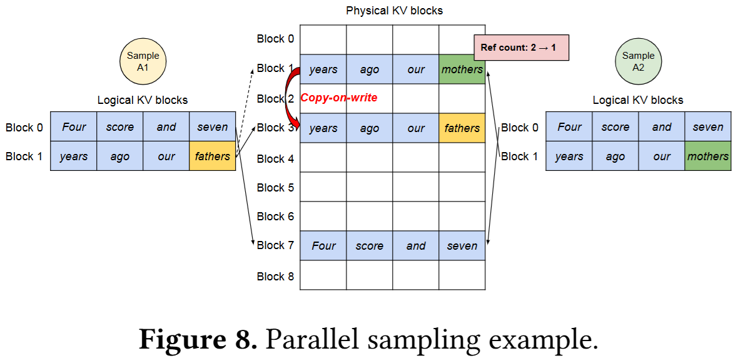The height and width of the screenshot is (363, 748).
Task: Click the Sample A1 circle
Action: tap(143, 61)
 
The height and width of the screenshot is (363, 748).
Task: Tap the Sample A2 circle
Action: tap(638, 61)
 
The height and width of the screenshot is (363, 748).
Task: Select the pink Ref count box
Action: tap(522, 48)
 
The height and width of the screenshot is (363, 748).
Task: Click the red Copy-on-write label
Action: tap(339, 98)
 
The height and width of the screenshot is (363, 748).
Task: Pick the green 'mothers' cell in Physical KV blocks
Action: tap(462, 69)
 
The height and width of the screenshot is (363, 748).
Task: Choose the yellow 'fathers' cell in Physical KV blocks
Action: tap(462, 128)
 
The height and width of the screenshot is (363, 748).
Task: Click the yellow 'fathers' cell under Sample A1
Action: tap(212, 156)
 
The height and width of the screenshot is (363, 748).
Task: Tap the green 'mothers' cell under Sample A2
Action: tap(708, 156)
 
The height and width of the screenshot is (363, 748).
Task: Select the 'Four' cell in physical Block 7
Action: tap(323, 246)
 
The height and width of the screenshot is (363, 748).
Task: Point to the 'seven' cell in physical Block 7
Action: tap(462, 246)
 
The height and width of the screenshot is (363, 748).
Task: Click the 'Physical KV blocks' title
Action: tap(394, 11)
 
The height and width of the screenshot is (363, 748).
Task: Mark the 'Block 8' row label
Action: tap(275, 276)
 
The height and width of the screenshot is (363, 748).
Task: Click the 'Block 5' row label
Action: tap(275, 187)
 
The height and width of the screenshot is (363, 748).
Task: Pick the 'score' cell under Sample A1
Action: tap(119, 128)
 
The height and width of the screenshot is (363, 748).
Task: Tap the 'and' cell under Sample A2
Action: tap(662, 128)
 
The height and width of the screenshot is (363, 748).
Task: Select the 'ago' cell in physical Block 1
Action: tap(370, 69)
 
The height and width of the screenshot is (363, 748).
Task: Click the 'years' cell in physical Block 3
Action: tap(323, 128)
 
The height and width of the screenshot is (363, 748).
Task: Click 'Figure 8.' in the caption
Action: tap(198, 339)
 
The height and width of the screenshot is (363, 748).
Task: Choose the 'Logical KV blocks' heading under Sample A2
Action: tap(638, 100)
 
